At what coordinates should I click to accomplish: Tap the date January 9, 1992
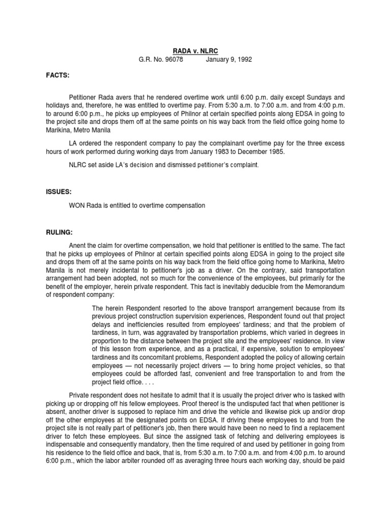(x=229, y=60)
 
